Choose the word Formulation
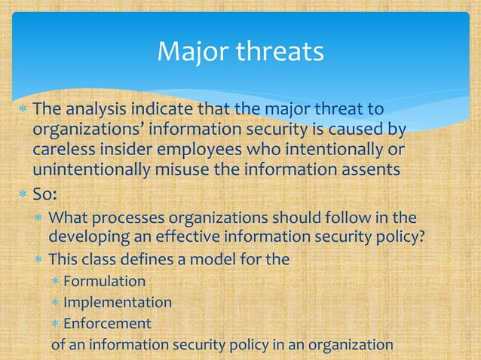pos(104,282)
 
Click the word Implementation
pos(117,303)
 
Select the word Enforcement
pos(107,324)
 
